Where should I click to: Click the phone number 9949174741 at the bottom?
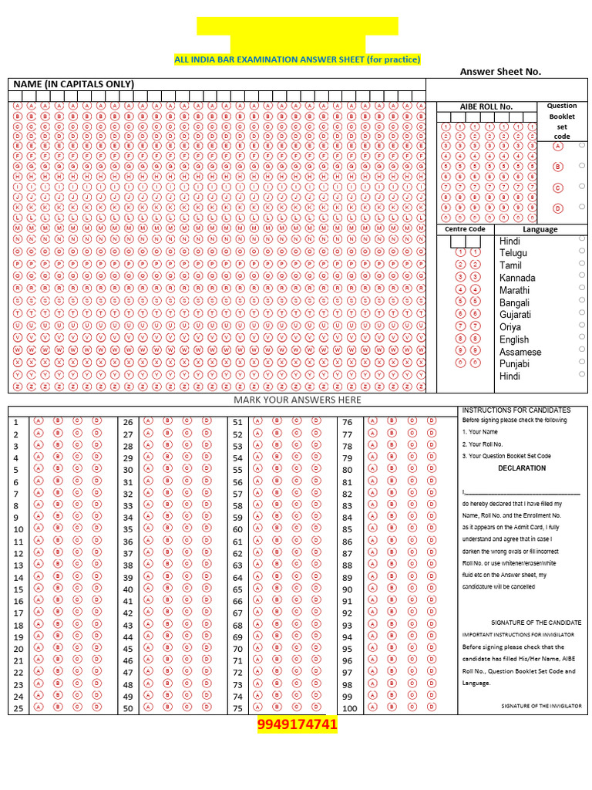[x=297, y=725]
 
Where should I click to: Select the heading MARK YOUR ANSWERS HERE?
[x=297, y=400]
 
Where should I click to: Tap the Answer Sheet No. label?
[x=500, y=72]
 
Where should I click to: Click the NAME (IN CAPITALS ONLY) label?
[x=73, y=84]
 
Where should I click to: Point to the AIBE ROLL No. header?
[x=486, y=106]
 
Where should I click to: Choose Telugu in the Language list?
[x=513, y=253]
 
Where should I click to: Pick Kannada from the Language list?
[x=517, y=278]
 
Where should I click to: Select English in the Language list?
[x=514, y=339]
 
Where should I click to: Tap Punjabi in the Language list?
[x=514, y=363]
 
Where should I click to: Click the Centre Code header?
[x=465, y=229]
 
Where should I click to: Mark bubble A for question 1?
[x=38, y=421]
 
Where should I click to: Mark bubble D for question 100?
[x=432, y=707]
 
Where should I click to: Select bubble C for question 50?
[x=186, y=707]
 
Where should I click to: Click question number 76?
[x=347, y=422]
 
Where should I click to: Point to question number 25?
[x=18, y=708]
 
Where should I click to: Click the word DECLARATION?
[x=522, y=468]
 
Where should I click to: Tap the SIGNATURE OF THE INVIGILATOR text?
[x=541, y=706]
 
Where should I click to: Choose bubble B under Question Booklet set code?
[x=557, y=166]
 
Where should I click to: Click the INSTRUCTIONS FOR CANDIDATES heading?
[x=516, y=410]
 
